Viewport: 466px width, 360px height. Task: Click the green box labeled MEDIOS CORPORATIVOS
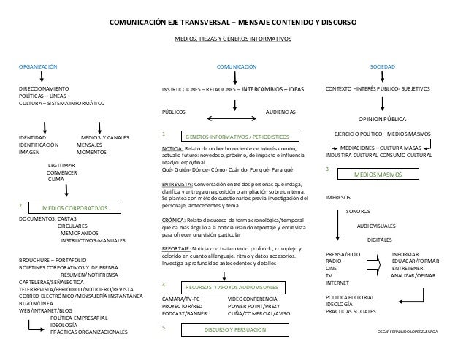point(75,208)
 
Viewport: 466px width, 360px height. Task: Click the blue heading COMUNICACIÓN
point(237,66)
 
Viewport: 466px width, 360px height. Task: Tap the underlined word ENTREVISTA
point(177,184)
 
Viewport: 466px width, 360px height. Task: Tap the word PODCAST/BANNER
point(185,313)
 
